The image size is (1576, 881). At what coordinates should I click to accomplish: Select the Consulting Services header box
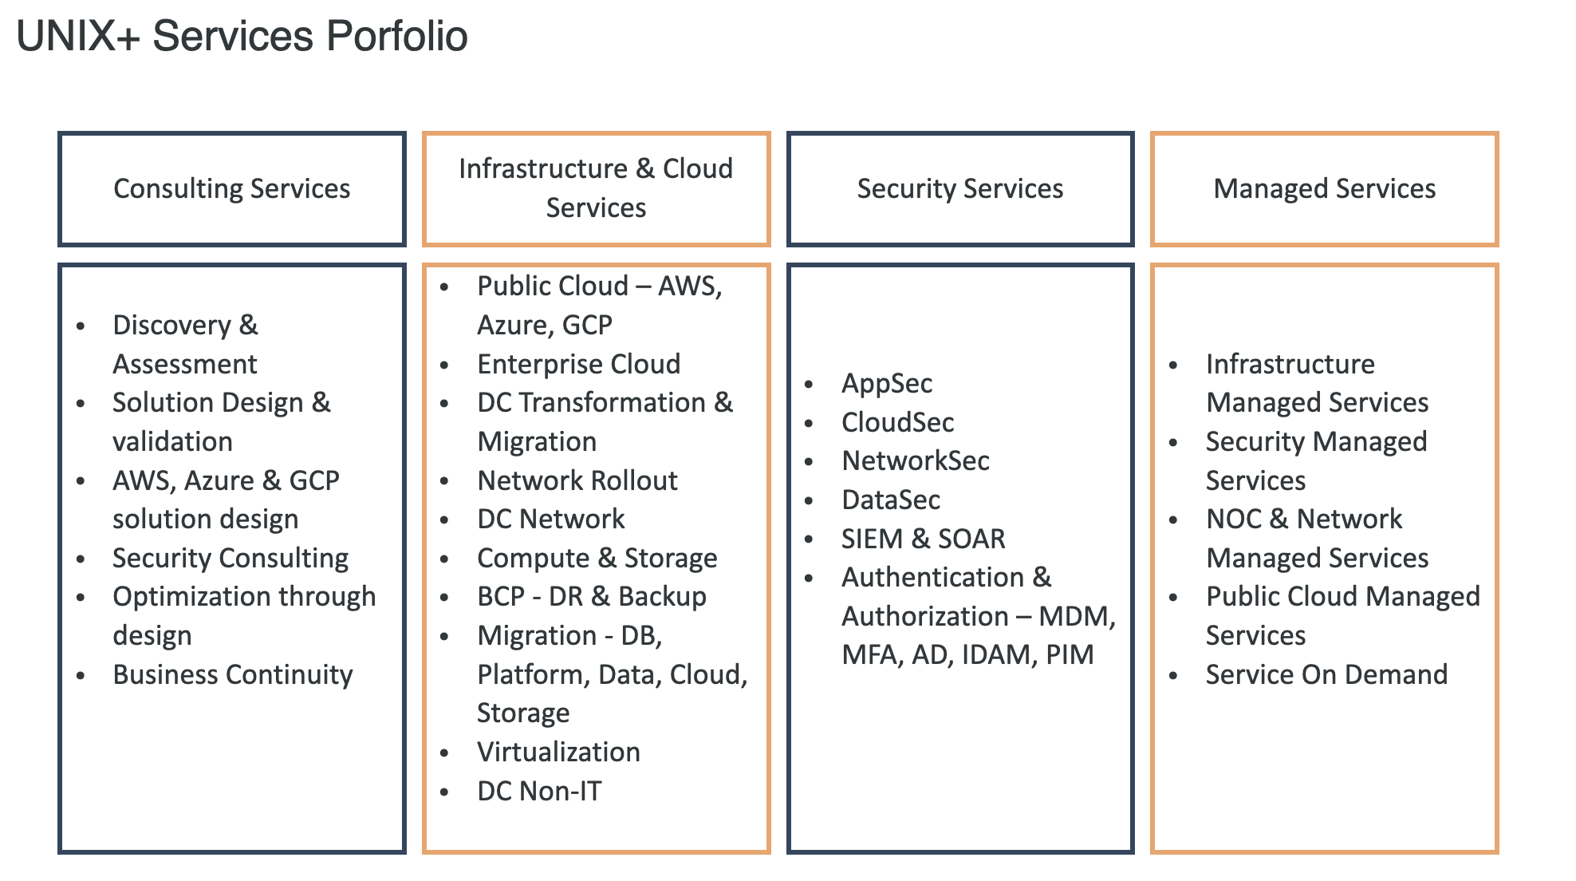pyautogui.click(x=232, y=189)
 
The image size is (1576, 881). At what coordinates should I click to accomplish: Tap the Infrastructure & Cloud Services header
pyautogui.click(x=596, y=189)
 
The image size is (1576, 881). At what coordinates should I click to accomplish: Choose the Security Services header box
pyautogui.click(x=960, y=189)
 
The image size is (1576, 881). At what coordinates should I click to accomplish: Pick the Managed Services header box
pyautogui.click(x=1325, y=189)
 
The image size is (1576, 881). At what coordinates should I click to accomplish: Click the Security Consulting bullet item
pyautogui.click(x=230, y=559)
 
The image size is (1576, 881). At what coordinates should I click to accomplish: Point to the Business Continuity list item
pyautogui.click(x=233, y=675)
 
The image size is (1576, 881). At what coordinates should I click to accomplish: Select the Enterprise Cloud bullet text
pyautogui.click(x=579, y=365)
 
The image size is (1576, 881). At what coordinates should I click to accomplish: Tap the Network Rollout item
pyautogui.click(x=577, y=481)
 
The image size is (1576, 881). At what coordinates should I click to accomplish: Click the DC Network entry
pyautogui.click(x=551, y=520)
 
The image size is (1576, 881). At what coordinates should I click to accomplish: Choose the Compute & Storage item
pyautogui.click(x=597, y=559)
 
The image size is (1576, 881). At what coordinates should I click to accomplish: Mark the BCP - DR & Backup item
pyautogui.click(x=592, y=597)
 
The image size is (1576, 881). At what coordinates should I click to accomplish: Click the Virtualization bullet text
pyautogui.click(x=559, y=753)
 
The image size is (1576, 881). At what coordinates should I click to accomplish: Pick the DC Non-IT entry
pyautogui.click(x=539, y=792)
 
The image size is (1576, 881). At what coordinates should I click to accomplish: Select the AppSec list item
pyautogui.click(x=887, y=384)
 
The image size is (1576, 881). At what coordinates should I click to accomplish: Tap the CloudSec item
pyautogui.click(x=898, y=423)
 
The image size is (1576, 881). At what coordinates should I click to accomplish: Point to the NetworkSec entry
pyautogui.click(x=916, y=461)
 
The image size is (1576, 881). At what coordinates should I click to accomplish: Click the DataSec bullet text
pyautogui.click(x=891, y=500)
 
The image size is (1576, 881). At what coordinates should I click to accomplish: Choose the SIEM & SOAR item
pyautogui.click(x=924, y=539)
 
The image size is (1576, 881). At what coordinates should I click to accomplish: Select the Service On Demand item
pyautogui.click(x=1326, y=675)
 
